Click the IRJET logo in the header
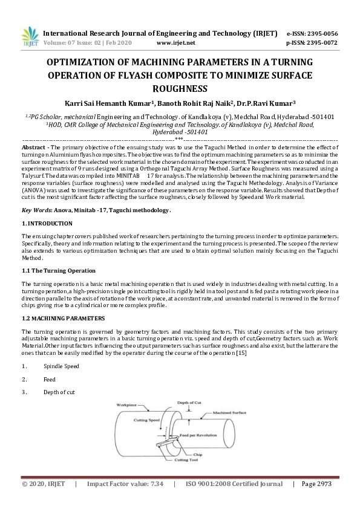click(x=30, y=37)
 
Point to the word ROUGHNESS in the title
click(x=180, y=88)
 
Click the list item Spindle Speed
click(x=61, y=366)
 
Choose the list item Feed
click(x=50, y=380)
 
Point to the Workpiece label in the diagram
click(x=125, y=405)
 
